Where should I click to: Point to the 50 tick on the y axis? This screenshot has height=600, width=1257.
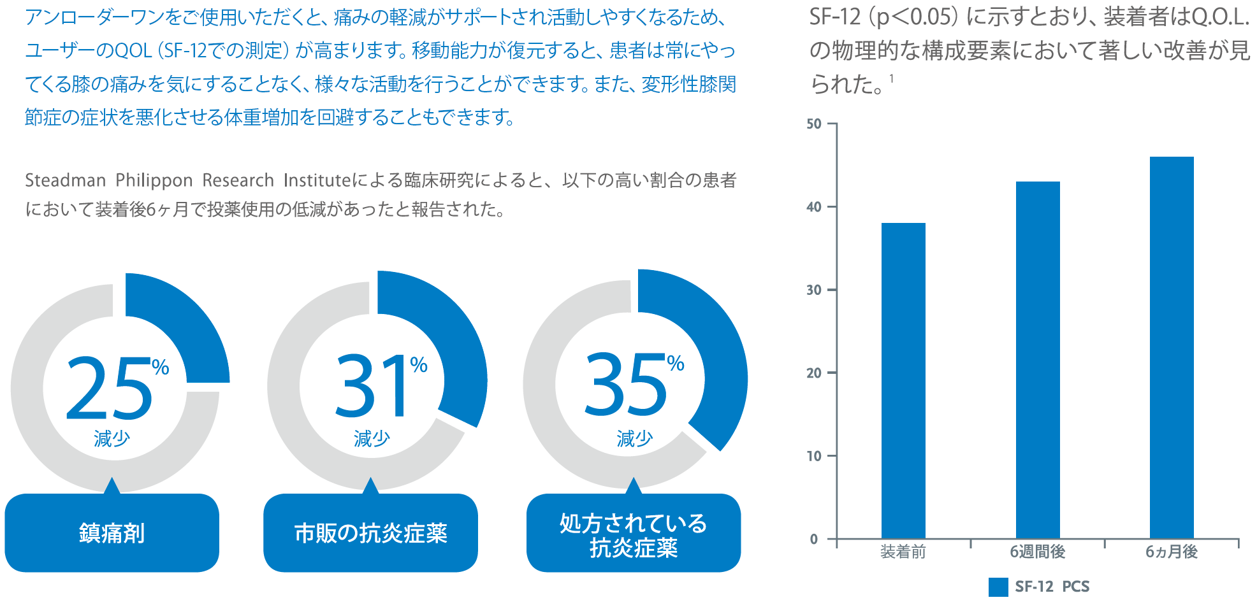[x=814, y=124]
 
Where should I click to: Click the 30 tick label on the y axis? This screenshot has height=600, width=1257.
[x=814, y=290]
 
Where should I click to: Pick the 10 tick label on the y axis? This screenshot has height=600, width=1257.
[x=814, y=456]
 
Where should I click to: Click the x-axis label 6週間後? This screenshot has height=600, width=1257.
[x=1038, y=552]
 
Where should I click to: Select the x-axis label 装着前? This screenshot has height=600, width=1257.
[x=903, y=552]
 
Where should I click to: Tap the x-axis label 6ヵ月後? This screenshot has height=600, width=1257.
[x=1172, y=552]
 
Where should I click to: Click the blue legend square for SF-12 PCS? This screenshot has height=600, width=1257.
[x=998, y=587]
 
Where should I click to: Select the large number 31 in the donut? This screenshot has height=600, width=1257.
[x=372, y=387]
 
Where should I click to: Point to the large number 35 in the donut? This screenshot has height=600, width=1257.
[x=625, y=386]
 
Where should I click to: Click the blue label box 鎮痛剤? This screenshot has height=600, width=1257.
[x=112, y=533]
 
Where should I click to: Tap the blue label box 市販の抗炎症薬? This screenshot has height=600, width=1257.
[x=370, y=533]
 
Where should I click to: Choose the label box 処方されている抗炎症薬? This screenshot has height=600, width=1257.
[x=634, y=535]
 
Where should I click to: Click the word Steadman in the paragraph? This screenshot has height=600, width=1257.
[x=65, y=181]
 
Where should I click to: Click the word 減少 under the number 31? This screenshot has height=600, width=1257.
[x=372, y=439]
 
